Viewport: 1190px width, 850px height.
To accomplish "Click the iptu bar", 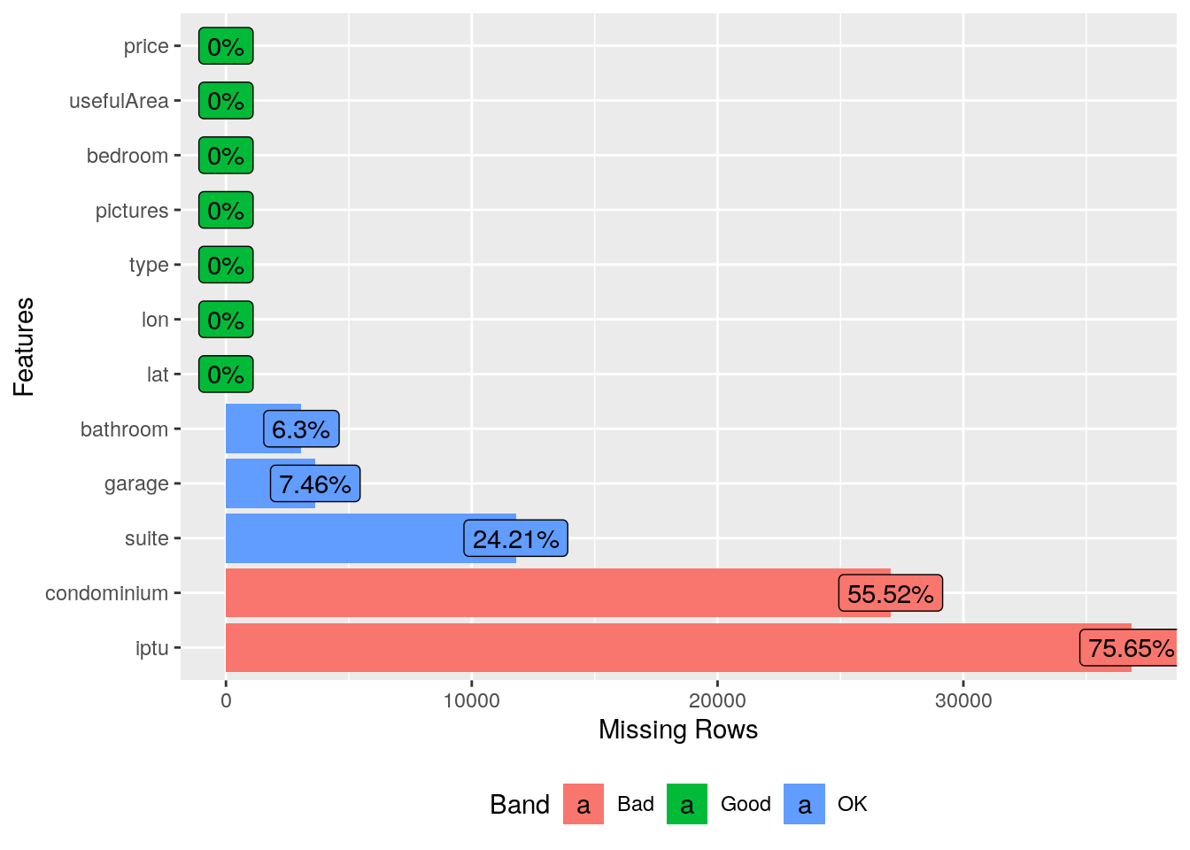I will tap(620, 648).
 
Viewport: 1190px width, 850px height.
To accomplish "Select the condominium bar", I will tap(531, 593).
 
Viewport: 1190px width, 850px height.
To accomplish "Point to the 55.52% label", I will tap(890, 593).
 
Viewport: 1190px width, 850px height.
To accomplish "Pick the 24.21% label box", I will tap(515, 538).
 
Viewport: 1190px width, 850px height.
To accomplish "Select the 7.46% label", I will tap(314, 483).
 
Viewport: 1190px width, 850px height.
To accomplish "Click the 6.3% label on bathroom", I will tap(301, 429).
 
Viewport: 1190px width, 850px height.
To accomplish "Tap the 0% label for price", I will tap(226, 46).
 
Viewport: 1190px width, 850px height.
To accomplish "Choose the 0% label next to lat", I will tap(226, 375).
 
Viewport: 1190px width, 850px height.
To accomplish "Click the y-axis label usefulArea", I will tap(119, 101).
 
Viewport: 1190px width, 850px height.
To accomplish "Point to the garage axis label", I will tap(136, 483).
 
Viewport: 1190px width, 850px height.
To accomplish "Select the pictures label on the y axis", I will tap(132, 211).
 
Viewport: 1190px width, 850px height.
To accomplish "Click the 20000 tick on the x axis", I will tap(717, 701).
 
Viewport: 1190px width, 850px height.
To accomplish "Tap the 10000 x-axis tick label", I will tap(471, 701).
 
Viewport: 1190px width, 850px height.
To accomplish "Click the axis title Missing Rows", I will tap(678, 730).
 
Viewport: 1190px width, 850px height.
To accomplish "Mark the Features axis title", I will tap(24, 347).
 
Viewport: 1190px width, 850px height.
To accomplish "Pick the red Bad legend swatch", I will tap(583, 804).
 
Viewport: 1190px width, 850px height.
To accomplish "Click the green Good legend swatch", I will tap(687, 804).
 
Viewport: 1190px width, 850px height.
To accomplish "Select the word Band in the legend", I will tap(520, 804).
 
